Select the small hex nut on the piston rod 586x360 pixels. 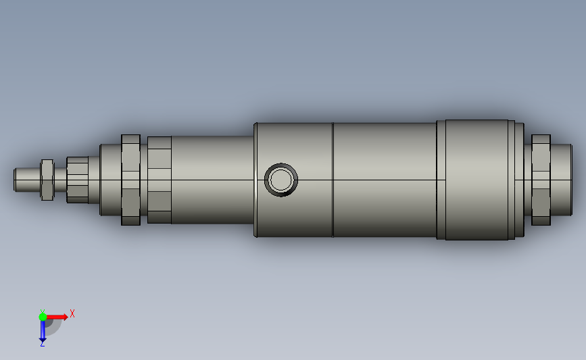click(x=47, y=180)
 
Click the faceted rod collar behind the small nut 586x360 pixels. click(x=78, y=180)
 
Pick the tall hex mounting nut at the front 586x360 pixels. click(x=130, y=180)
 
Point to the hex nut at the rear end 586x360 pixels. click(x=541, y=180)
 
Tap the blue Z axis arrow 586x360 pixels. click(x=42, y=332)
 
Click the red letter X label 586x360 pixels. click(x=72, y=313)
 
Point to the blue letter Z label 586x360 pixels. click(x=42, y=344)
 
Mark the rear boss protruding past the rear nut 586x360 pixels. click(x=562, y=180)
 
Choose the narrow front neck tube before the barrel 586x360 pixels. click(x=213, y=180)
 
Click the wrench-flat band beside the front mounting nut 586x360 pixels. click(x=159, y=180)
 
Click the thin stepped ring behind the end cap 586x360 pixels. click(x=520, y=180)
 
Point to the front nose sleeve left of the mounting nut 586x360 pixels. click(x=109, y=180)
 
